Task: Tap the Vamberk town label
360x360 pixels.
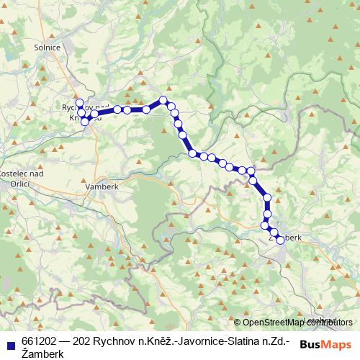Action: (x=100, y=186)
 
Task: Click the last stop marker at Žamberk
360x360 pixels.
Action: (x=280, y=240)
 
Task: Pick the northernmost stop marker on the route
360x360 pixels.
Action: (x=163, y=100)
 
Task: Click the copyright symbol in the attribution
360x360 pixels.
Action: (x=238, y=323)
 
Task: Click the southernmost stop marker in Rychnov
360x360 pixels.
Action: (x=85, y=122)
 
